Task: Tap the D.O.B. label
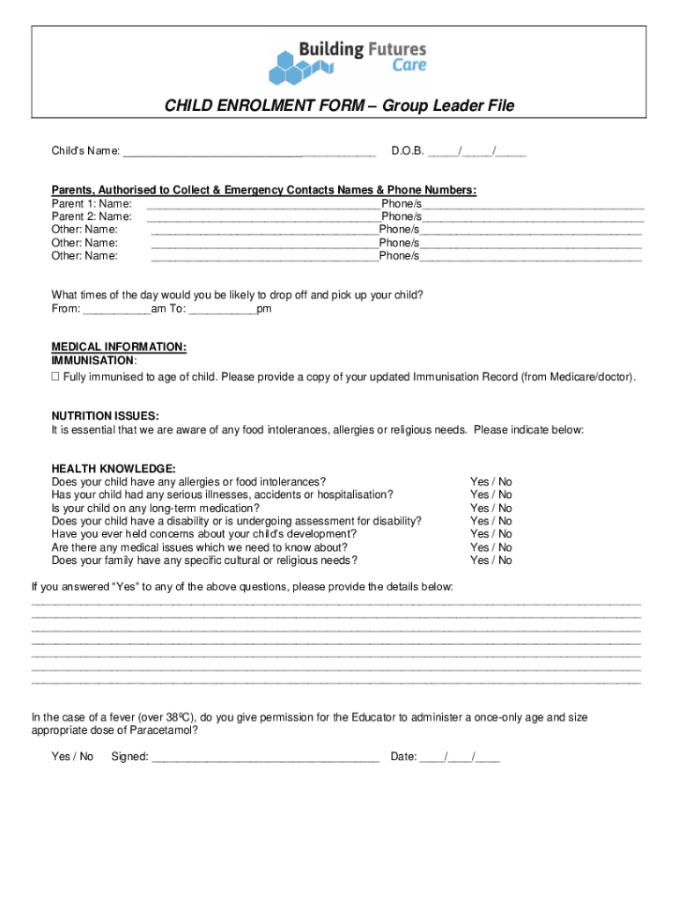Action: (x=408, y=151)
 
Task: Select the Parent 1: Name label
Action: (x=92, y=203)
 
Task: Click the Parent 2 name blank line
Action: (x=263, y=216)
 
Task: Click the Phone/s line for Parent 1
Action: (x=533, y=204)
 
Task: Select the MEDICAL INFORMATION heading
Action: (x=119, y=347)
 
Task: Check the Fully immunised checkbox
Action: (x=55, y=377)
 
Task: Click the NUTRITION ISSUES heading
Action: (x=105, y=416)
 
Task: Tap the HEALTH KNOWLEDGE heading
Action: (x=114, y=468)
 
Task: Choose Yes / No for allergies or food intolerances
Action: (x=490, y=481)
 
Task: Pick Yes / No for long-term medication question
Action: (x=490, y=508)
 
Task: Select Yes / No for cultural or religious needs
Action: (x=490, y=560)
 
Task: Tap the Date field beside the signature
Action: (x=459, y=757)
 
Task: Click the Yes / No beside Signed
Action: (x=72, y=757)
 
